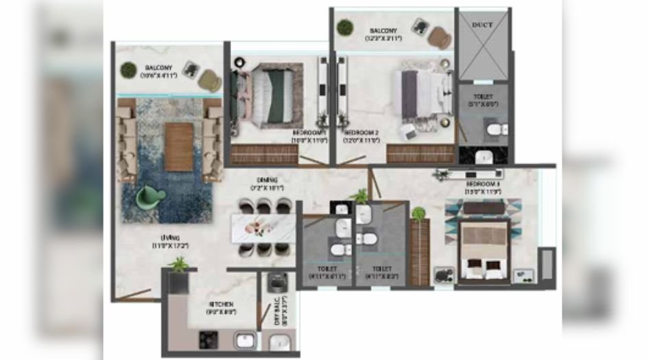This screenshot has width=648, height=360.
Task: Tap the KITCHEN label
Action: tap(221, 303)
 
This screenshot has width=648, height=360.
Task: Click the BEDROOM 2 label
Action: tap(361, 132)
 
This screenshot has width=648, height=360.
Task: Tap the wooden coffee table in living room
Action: tap(179, 146)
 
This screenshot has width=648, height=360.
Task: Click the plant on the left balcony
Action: tap(128, 69)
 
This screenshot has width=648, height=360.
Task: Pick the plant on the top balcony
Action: tap(345, 27)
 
